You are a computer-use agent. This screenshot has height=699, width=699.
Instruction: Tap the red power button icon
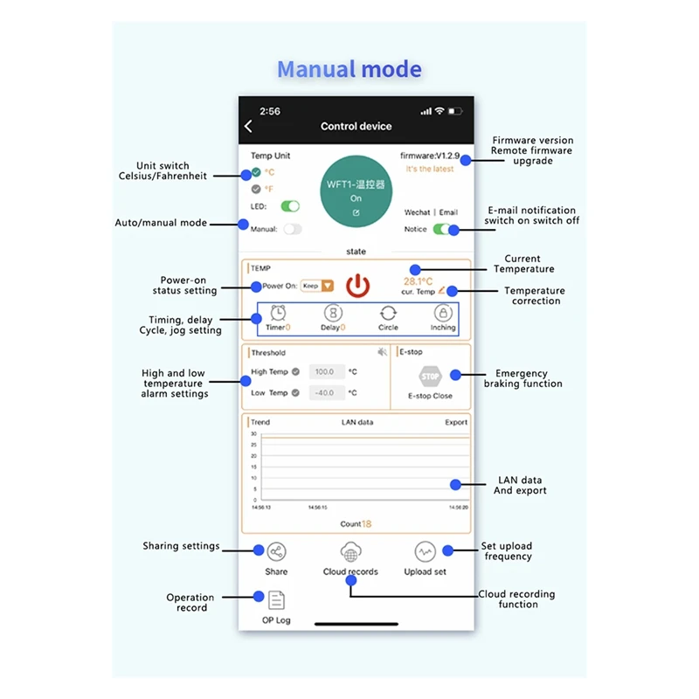coord(356,286)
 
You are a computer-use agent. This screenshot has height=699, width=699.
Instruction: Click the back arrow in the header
coord(248,127)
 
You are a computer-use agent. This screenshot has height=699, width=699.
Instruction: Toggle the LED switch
coord(289,206)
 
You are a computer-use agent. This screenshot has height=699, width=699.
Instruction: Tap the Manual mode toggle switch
coord(291,229)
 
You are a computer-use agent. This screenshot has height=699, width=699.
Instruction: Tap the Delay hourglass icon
coord(333,313)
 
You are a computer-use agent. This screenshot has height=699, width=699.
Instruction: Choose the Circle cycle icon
coord(388,313)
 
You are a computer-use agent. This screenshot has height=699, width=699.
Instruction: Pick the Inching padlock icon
coord(443,313)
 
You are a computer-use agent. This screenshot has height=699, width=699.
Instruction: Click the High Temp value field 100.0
coord(324,371)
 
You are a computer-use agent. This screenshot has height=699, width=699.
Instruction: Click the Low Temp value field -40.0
coord(324,393)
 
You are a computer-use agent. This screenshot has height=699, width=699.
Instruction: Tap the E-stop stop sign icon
coord(430,377)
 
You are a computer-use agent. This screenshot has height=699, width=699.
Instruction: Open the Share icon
coord(276,552)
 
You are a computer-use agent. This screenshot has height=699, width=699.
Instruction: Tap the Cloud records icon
coord(350,552)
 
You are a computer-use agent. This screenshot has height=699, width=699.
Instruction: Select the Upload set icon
coord(425,552)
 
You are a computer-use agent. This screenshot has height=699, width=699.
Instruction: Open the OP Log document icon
coord(276,600)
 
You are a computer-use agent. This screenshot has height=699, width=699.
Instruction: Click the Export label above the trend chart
coord(456,422)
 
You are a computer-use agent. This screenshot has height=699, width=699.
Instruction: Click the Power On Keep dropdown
coord(317,286)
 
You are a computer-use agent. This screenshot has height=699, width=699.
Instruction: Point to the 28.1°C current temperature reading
coord(418,281)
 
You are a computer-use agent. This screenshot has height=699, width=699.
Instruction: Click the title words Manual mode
coord(349,70)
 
